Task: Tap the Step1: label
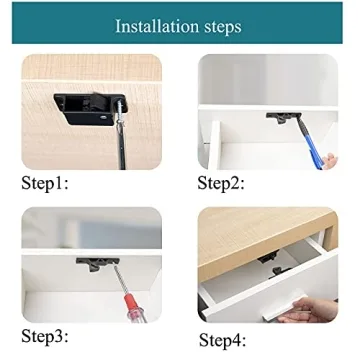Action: [51, 183]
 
